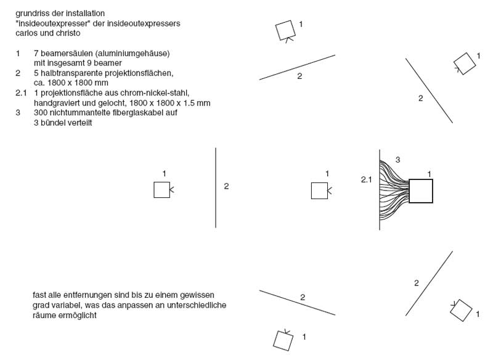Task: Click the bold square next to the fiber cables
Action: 421,190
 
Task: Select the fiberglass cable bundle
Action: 394,190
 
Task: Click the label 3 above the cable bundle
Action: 397,160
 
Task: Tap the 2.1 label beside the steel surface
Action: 367,179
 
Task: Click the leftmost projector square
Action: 161,190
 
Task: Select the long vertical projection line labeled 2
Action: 216,187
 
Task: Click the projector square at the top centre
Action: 285,29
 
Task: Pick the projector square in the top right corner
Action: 463,63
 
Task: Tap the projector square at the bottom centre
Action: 283,340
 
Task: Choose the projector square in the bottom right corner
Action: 461,310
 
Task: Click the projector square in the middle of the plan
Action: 319,191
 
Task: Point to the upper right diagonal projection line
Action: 429,91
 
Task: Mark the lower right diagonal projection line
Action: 429,284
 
